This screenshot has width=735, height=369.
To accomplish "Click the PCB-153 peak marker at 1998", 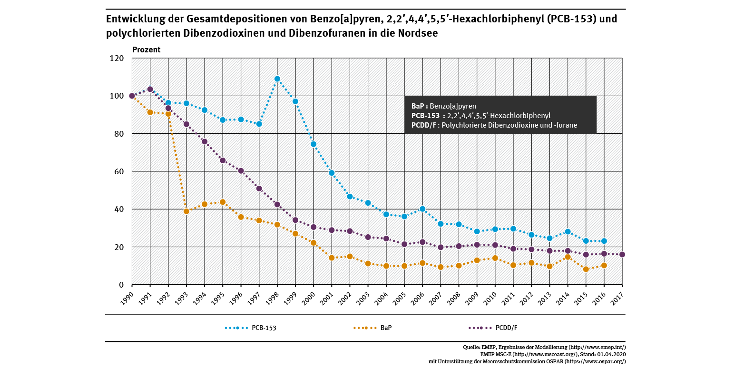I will pyautogui.click(x=277, y=79).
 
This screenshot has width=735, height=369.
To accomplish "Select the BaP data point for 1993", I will pyautogui.click(x=186, y=211).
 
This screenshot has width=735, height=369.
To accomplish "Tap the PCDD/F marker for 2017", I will pyautogui.click(x=622, y=254).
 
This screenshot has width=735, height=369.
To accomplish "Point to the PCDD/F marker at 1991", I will pyautogui.click(x=150, y=89).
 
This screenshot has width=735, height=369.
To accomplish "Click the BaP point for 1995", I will pyautogui.click(x=223, y=202).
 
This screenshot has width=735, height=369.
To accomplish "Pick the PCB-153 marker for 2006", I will pyautogui.click(x=422, y=209).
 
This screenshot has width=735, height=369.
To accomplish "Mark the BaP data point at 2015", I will pyautogui.click(x=586, y=269).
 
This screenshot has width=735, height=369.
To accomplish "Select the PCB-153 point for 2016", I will pyautogui.click(x=604, y=241).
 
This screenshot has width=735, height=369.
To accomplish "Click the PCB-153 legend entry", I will pyautogui.click(x=251, y=328).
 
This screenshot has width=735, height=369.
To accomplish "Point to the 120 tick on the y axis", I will pyautogui.click(x=117, y=59).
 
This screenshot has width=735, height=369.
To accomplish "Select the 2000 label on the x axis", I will pyautogui.click(x=308, y=295).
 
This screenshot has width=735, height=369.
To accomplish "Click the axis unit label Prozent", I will pyautogui.click(x=146, y=50).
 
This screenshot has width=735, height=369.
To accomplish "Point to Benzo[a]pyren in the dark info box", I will pyautogui.click(x=452, y=106).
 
